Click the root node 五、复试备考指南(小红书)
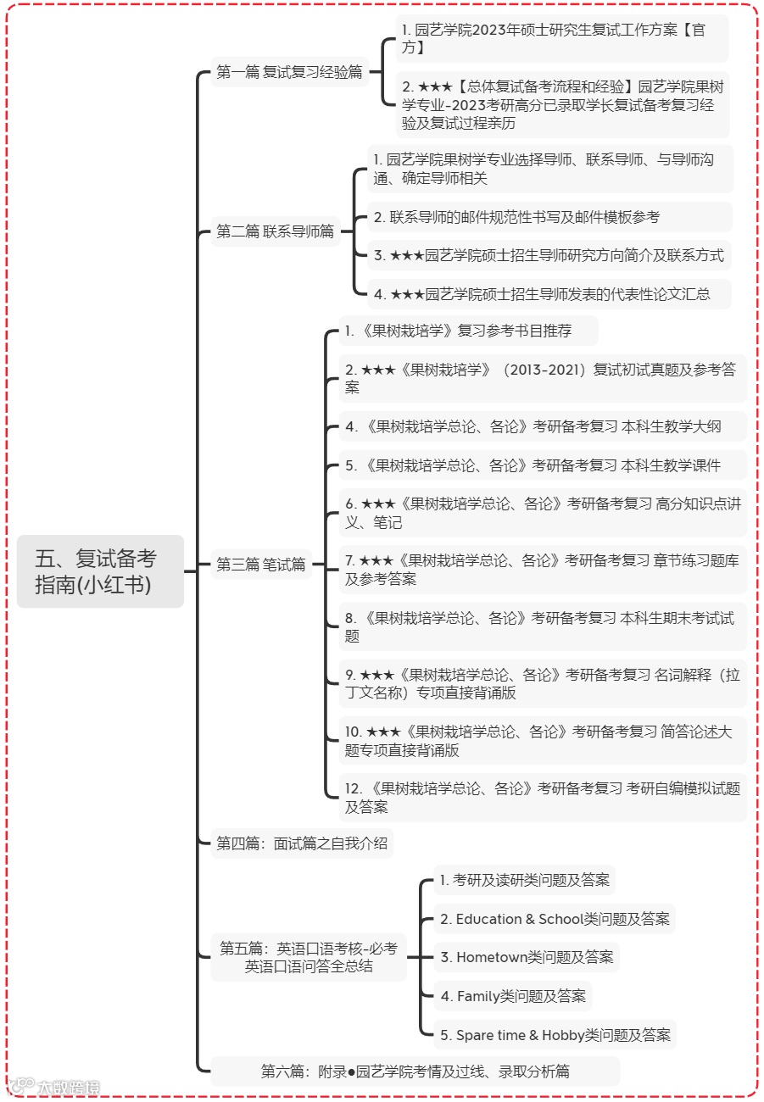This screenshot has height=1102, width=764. point(100,571)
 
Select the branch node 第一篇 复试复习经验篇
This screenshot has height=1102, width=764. point(289,72)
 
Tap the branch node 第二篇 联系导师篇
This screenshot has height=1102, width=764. point(275,231)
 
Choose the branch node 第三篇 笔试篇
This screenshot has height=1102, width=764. point(260,565)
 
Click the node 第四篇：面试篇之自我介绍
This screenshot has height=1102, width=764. point(302,843)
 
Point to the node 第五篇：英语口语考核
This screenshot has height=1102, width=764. point(309,957)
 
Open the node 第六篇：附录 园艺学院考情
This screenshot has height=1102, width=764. point(415,1071)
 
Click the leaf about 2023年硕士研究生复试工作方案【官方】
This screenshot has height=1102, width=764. point(560,39)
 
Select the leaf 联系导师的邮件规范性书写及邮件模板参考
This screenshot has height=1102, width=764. point(516,217)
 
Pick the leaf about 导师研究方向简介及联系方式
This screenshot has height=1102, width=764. point(549,255)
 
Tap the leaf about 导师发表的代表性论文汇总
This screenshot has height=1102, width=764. point(542,294)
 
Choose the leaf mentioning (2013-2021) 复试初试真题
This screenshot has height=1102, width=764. point(541,378)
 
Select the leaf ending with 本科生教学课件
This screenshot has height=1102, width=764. point(533,465)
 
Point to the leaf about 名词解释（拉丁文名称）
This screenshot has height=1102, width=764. point(541,684)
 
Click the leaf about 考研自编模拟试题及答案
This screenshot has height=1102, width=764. point(541,798)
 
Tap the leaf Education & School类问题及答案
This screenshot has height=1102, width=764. point(555,919)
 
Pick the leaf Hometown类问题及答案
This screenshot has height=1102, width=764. point(527,957)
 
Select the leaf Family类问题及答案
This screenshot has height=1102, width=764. point(513,996)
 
